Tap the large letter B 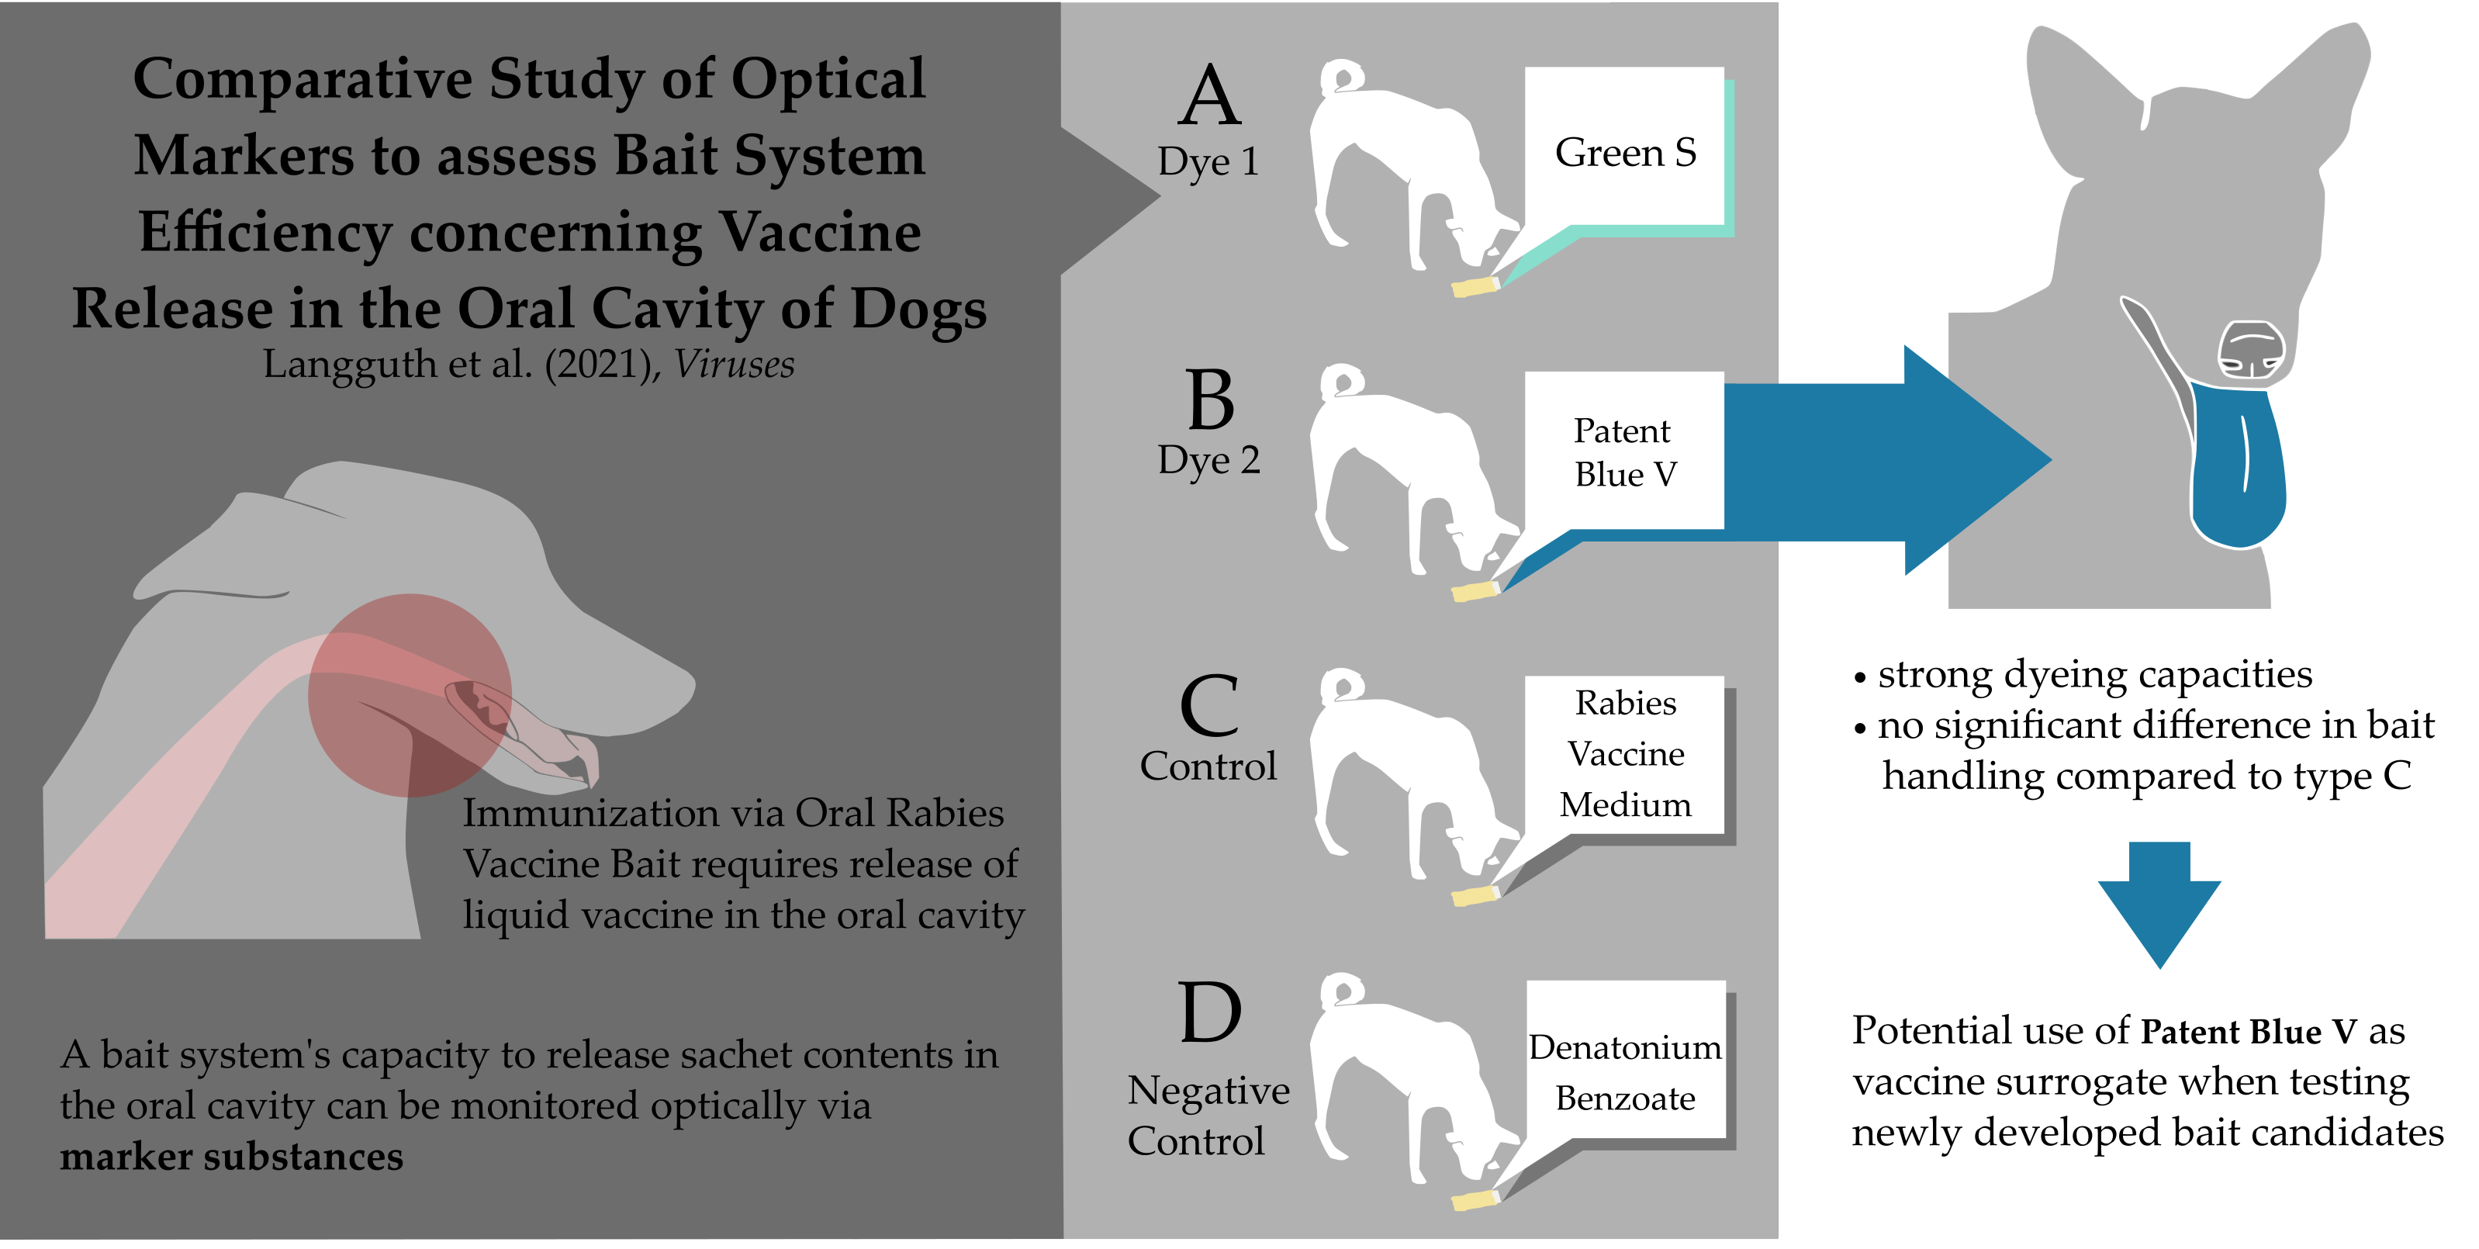[x=1211, y=400]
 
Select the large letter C [x=1210, y=704]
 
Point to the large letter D [x=1210, y=1012]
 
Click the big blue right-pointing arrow [x=1886, y=460]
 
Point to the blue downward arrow [x=2159, y=905]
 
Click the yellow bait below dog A [x=1475, y=285]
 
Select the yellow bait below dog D [x=1475, y=1200]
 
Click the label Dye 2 [x=1208, y=460]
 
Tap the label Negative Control [x=1208, y=1116]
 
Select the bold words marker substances [x=232, y=1157]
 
